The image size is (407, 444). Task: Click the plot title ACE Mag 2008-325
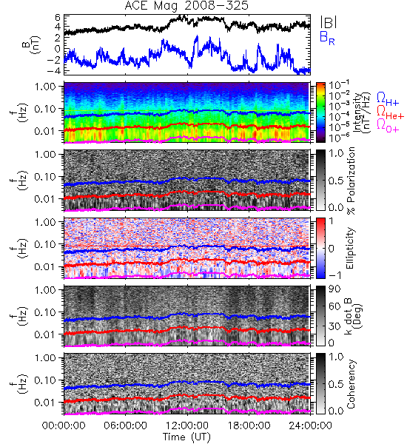[x=186, y=6]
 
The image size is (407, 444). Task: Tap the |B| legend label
[x=329, y=22]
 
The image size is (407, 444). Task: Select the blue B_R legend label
[x=327, y=38]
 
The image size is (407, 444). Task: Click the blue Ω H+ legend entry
[x=388, y=99]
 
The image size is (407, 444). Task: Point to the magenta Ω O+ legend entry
[x=388, y=126]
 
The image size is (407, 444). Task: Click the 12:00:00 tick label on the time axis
[x=187, y=425]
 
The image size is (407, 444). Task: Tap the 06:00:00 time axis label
[x=126, y=425]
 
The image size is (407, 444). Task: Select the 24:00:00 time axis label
[x=310, y=425]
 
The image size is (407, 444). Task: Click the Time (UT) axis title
[x=186, y=437]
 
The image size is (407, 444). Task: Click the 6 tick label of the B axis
[x=58, y=18]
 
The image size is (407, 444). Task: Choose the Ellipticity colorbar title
[x=350, y=249]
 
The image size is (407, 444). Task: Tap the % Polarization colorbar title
[x=351, y=181]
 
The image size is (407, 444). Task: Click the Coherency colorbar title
[x=351, y=384]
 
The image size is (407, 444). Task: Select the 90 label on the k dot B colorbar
[x=334, y=289]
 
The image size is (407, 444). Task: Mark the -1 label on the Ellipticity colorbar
[x=334, y=275]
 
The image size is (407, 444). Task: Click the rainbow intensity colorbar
[x=320, y=112]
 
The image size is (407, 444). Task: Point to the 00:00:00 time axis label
[x=64, y=425]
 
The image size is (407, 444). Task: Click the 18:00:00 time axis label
[x=249, y=425]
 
